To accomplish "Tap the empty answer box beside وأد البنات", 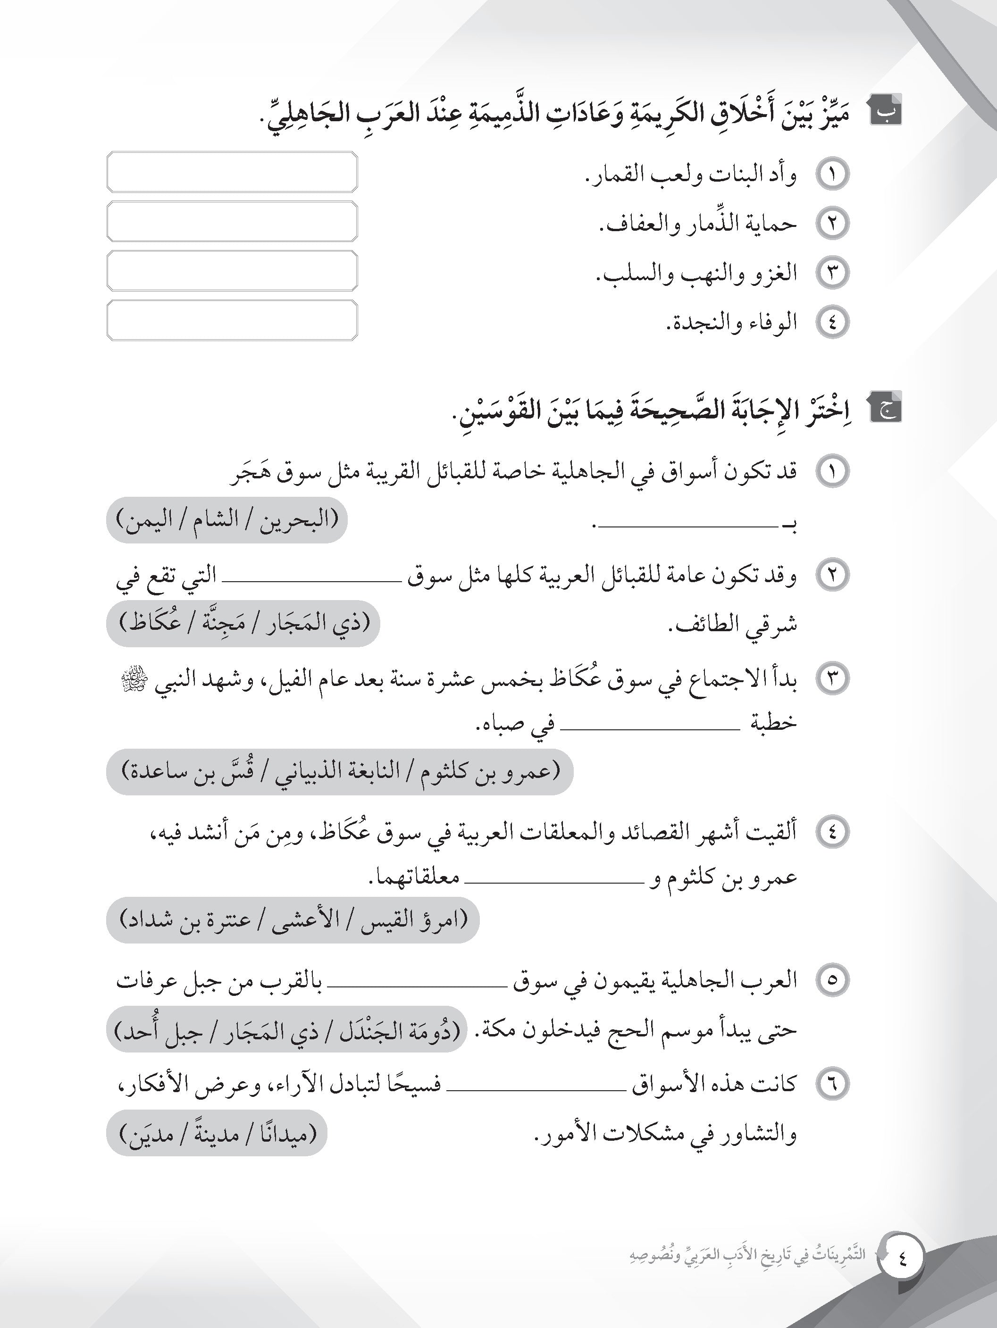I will pos(232,172).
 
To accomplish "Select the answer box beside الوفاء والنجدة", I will pos(232,321).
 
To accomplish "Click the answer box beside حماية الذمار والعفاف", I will pos(232,222).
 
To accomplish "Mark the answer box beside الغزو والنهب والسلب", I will pos(232,271).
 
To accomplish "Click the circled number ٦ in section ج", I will pos(832,1084).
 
